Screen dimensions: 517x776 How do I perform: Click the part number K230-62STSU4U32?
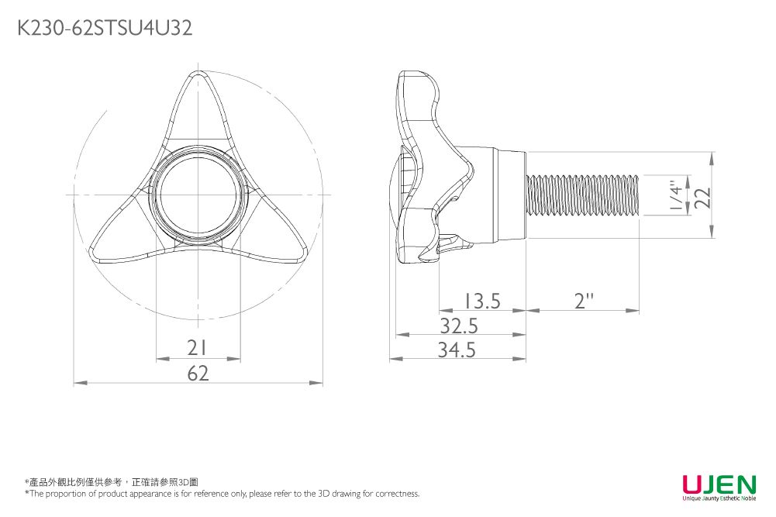tap(105, 29)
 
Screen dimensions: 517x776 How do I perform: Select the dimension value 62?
tap(198, 374)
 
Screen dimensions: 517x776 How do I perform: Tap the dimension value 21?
tap(198, 348)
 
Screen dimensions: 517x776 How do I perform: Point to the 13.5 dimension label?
tap(482, 300)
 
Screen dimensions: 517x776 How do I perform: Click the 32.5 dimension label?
tap(459, 326)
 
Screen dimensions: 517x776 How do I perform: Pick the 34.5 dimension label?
tap(457, 350)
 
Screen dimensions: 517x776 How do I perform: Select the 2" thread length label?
tap(585, 300)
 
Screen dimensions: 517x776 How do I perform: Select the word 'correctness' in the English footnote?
tap(397, 494)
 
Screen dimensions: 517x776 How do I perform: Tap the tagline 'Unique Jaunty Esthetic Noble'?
tap(719, 498)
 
